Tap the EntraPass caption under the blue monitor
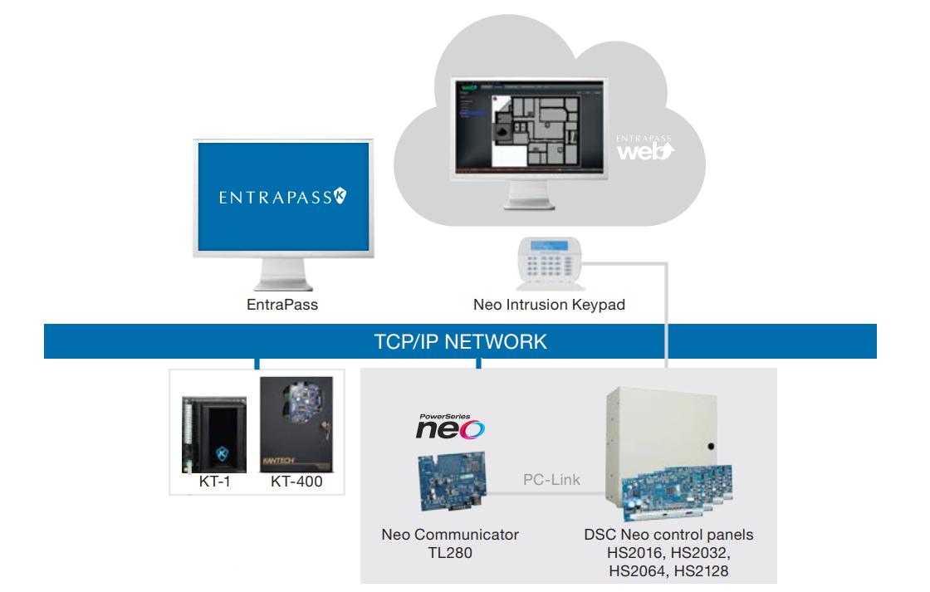(x=282, y=305)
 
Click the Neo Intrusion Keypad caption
(x=549, y=305)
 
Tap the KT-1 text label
(x=213, y=482)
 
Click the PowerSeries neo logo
(x=450, y=425)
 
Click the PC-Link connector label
(x=551, y=480)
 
